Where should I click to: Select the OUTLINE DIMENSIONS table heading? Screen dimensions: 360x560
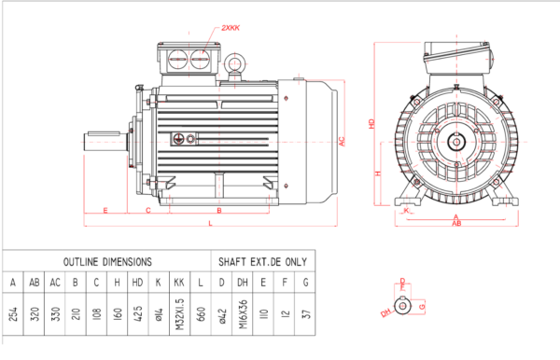(106, 262)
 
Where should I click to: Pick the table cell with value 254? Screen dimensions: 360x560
(13, 316)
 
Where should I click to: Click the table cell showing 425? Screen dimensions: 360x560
(137, 316)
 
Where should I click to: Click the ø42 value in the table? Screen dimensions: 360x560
(222, 316)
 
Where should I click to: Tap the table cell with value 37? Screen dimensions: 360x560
(305, 316)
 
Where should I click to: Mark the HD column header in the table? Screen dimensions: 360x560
(137, 282)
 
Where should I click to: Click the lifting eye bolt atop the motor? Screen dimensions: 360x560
(234, 63)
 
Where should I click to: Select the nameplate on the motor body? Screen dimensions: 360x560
(184, 139)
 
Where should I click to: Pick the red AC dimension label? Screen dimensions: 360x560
(343, 140)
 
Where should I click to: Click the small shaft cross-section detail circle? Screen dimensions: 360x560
(403, 305)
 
